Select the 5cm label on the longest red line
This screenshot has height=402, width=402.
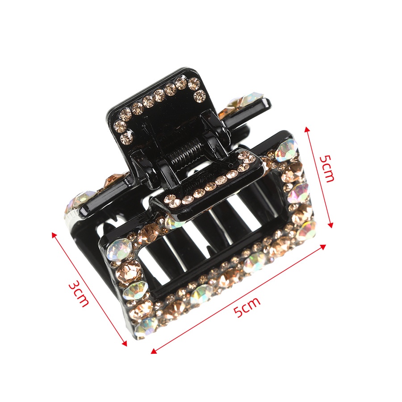point(247,306)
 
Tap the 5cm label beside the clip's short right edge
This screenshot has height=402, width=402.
point(327,169)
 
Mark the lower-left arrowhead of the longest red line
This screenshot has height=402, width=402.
point(154,351)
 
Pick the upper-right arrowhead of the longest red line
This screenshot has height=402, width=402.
point(323,247)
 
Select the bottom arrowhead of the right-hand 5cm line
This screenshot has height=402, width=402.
point(331,225)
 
